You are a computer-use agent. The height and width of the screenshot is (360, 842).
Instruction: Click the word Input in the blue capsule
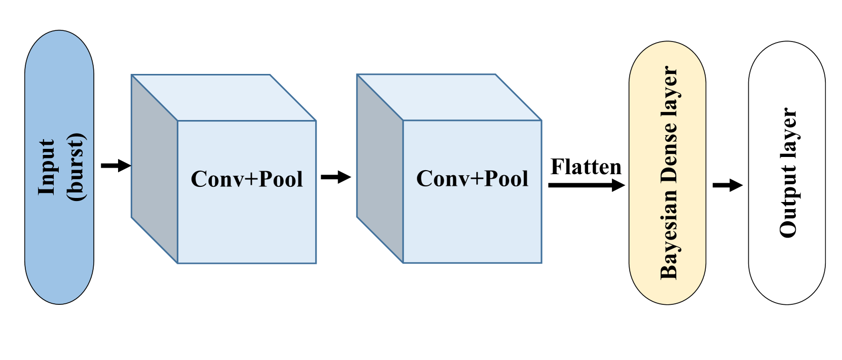pos(46,167)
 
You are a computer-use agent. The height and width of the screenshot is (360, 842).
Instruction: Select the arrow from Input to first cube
pos(116,166)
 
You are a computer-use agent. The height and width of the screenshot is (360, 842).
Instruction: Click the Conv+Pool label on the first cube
pos(247,179)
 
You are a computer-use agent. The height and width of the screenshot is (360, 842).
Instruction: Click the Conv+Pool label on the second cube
pos(472,179)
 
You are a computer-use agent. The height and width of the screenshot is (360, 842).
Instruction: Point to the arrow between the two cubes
pos(335,177)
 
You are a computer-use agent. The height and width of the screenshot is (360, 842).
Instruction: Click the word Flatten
pos(586,167)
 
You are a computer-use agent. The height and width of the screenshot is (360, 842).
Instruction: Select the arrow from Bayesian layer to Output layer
pos(727,185)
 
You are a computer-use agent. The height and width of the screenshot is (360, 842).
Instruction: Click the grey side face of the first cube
pos(154,170)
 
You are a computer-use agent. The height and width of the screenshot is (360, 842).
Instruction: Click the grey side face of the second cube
pos(379,170)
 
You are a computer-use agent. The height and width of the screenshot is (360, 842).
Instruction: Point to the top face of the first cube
pos(223,98)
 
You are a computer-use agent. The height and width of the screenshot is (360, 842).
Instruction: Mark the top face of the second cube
pos(449,97)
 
